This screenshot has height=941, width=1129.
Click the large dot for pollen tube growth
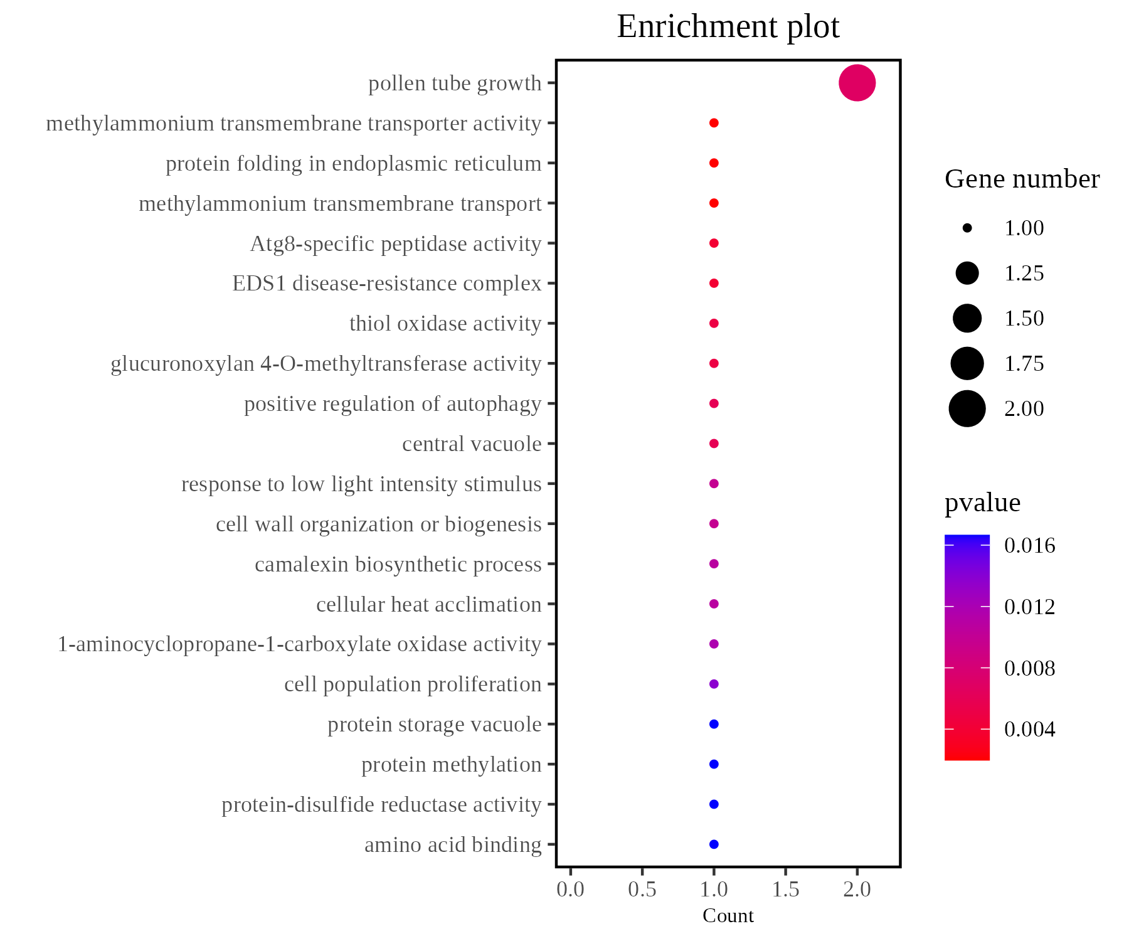(857, 83)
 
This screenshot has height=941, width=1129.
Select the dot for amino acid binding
(713, 844)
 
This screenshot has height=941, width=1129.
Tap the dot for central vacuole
(713, 444)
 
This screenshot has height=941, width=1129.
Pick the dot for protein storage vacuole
(713, 724)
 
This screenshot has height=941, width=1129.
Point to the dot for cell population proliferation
(713, 684)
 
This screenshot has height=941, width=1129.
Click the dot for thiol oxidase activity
(713, 324)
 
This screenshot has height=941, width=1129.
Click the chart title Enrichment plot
(728, 27)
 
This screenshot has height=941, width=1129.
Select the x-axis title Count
(728, 916)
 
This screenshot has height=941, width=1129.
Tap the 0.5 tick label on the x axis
(642, 889)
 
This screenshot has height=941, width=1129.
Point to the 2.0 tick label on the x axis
(857, 889)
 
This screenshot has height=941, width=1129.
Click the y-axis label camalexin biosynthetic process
(398, 565)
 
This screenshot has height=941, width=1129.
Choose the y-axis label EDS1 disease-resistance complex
(386, 284)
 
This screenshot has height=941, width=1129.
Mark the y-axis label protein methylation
(451, 765)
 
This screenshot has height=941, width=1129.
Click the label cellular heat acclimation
(428, 605)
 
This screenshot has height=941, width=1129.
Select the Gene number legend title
(1022, 179)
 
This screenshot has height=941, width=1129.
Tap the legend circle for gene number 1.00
(967, 228)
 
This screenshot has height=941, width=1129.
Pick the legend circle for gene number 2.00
(967, 408)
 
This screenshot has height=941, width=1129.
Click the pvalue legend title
(982, 503)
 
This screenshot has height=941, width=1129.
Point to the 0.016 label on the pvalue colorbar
(1029, 546)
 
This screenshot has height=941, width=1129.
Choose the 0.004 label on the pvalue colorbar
(1029, 730)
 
